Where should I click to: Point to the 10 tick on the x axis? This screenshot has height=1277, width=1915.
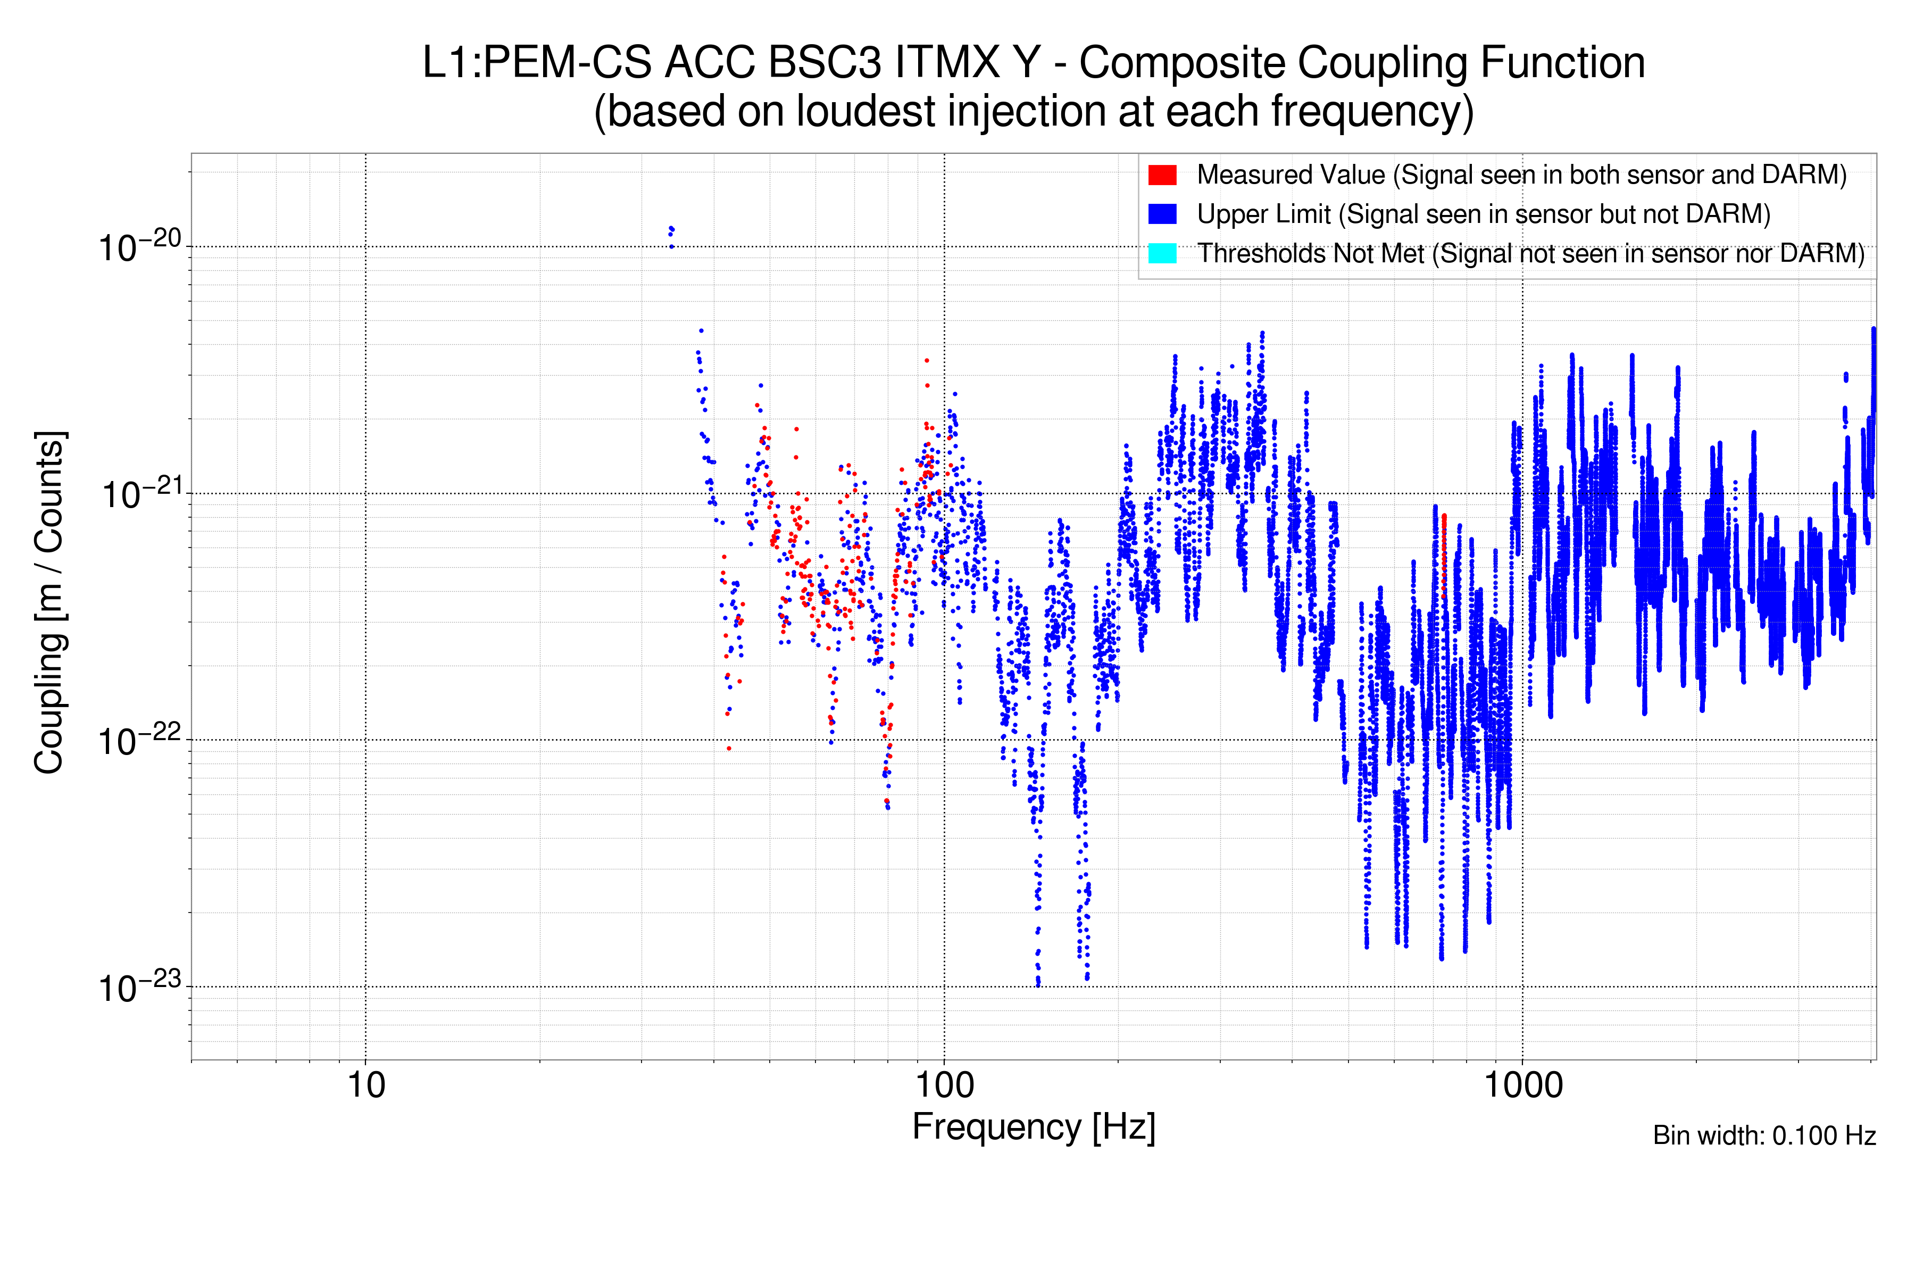365,1085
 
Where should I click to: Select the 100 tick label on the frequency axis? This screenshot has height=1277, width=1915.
944,1085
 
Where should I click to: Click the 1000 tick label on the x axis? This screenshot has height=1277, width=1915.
1522,1085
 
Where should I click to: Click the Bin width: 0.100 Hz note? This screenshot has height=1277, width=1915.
1763,1135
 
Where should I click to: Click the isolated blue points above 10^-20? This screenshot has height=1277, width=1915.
671,235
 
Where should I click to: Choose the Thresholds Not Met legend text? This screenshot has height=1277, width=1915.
1531,253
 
